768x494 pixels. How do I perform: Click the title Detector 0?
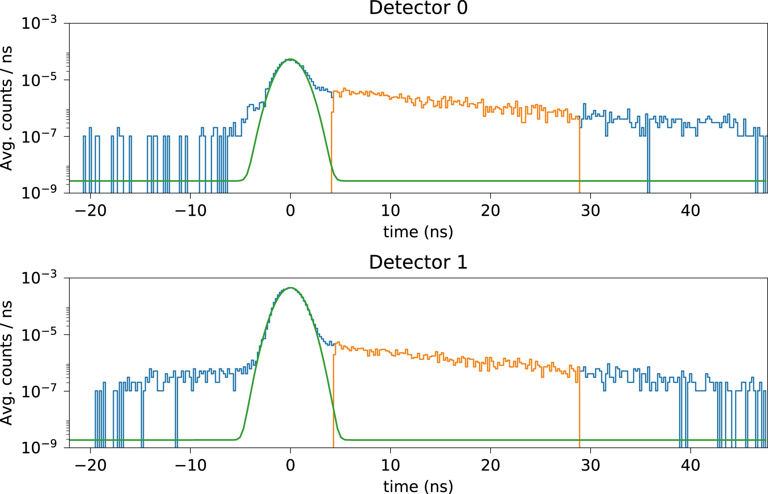(x=418, y=8)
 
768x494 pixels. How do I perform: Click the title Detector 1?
(x=418, y=262)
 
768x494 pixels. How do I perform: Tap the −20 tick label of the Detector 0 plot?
(x=90, y=211)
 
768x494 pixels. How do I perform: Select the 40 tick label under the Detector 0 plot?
(x=690, y=211)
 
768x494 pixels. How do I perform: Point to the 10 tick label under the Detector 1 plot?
(x=390, y=465)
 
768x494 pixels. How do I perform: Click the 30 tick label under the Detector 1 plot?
(x=590, y=465)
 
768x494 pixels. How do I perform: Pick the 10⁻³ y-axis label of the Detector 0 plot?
(x=39, y=23)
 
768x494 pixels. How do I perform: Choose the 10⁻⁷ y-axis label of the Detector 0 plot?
(x=39, y=137)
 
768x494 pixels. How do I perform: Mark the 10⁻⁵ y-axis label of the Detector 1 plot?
(x=39, y=335)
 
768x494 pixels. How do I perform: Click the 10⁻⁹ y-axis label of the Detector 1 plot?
(x=39, y=448)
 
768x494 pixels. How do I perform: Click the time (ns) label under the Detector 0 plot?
(x=418, y=232)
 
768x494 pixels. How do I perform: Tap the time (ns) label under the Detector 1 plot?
(x=418, y=486)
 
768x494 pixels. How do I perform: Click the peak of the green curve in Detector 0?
(x=290, y=59)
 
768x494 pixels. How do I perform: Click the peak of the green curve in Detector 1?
(x=290, y=288)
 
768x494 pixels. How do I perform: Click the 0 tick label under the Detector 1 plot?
(x=290, y=465)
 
